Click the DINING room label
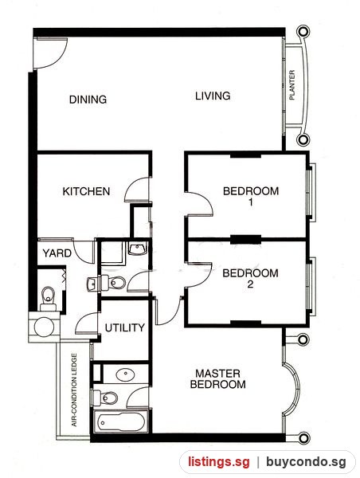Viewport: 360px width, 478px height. pos(88,100)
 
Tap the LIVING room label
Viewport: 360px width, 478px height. pos(213,96)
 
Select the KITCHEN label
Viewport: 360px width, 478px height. pos(86,191)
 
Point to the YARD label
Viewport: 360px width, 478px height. pos(57,253)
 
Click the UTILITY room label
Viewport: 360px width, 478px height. pos(125,327)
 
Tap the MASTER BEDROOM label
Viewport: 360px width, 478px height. pos(218,378)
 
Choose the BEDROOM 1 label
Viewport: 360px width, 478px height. pos(251,196)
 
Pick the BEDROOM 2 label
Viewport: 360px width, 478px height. pos(250,278)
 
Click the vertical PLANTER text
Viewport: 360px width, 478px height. pos(292,85)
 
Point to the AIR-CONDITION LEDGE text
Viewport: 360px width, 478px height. pos(74,390)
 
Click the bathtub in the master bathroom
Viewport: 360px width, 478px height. pos(121,422)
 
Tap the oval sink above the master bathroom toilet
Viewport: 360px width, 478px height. pos(126,374)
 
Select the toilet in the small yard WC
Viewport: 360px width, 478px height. pos(48,297)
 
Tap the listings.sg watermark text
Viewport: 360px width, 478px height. pos(218,462)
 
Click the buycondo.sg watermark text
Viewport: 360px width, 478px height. pos(306,462)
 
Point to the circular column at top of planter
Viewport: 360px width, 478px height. pos(303,31)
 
